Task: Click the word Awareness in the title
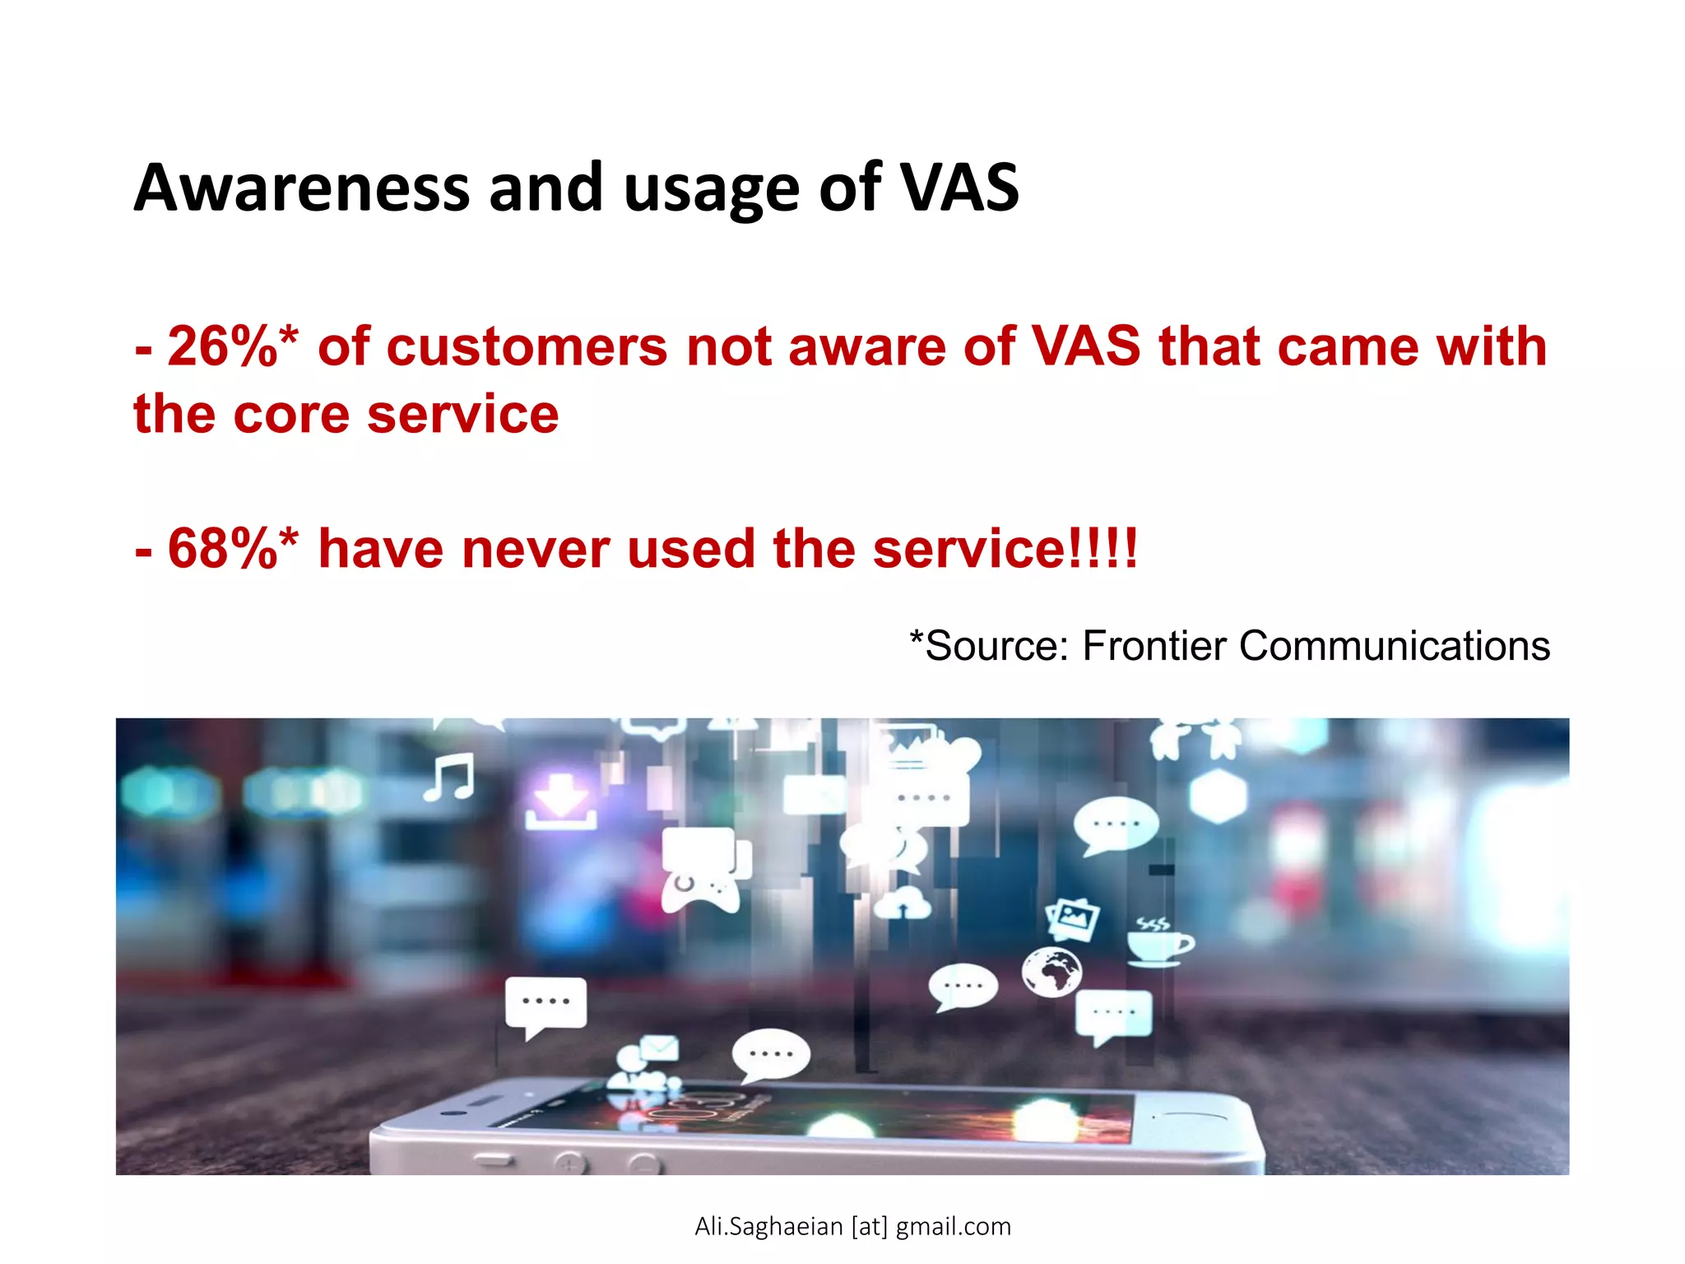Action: [x=301, y=188]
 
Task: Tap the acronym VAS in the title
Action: [x=959, y=188]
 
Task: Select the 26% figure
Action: [x=222, y=346]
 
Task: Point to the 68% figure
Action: [x=222, y=549]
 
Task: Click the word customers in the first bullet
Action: [x=527, y=346]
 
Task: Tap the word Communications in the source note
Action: [x=1395, y=646]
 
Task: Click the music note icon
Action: [x=449, y=777]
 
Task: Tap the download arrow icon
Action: [x=561, y=802]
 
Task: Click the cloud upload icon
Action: [x=903, y=904]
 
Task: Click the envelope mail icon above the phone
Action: [x=659, y=1048]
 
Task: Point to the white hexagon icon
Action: [x=1218, y=795]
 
